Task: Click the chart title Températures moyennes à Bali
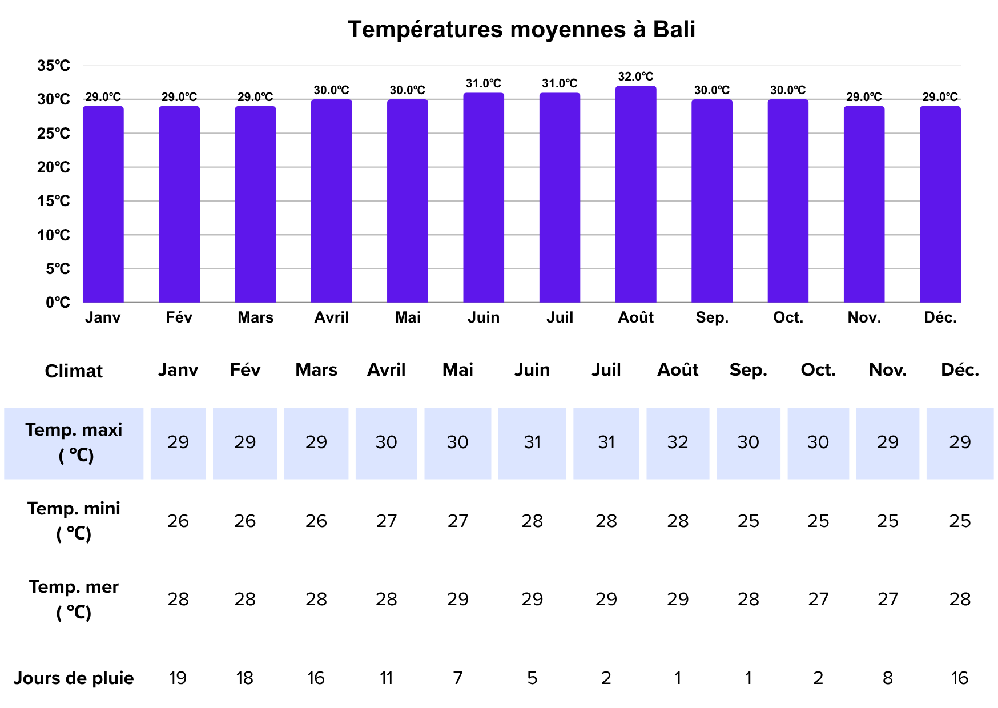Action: click(x=521, y=30)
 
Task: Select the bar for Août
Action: click(x=635, y=194)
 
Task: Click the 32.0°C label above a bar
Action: click(x=635, y=77)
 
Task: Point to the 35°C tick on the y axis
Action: click(x=54, y=66)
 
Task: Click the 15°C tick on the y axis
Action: click(x=54, y=201)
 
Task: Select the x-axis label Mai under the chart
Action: click(x=408, y=317)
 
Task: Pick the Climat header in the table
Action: click(x=74, y=371)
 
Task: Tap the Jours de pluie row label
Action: click(x=74, y=678)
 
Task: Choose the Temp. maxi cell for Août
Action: click(x=678, y=442)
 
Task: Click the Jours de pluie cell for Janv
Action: click(x=178, y=678)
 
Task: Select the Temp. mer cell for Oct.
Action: click(x=818, y=599)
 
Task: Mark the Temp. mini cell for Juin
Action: click(x=532, y=521)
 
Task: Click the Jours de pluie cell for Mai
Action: click(x=457, y=678)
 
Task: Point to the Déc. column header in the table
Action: click(x=960, y=370)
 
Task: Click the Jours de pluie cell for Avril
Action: click(x=386, y=678)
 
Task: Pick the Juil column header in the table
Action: click(x=606, y=370)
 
